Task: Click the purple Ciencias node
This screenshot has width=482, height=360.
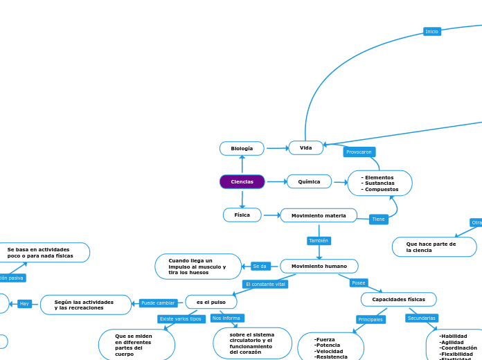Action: point(242,181)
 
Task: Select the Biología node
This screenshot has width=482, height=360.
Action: point(242,148)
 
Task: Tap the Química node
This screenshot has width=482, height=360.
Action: point(309,181)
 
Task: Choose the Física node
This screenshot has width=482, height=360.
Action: point(242,215)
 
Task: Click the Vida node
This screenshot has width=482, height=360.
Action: point(305,147)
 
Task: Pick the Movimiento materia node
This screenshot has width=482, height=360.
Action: point(319,215)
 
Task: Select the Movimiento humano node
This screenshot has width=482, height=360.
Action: point(319,266)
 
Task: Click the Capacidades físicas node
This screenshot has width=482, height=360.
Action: point(398,299)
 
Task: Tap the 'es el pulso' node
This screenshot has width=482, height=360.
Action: point(211,302)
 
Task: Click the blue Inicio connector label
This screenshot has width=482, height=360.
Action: point(432,31)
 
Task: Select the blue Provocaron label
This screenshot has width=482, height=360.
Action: point(359,152)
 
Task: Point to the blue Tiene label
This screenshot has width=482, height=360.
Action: point(378,219)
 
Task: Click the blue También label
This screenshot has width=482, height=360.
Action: point(319,241)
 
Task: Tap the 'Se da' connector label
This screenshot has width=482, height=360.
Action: point(260,266)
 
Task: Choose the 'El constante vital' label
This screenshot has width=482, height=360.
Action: point(265,284)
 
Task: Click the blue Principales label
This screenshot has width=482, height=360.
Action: point(371,319)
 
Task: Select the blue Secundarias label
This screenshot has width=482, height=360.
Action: point(422,318)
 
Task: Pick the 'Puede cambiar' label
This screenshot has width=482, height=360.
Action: point(158,303)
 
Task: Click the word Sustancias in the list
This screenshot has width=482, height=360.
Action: point(378,183)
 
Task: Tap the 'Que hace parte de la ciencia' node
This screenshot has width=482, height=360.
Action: point(434,247)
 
